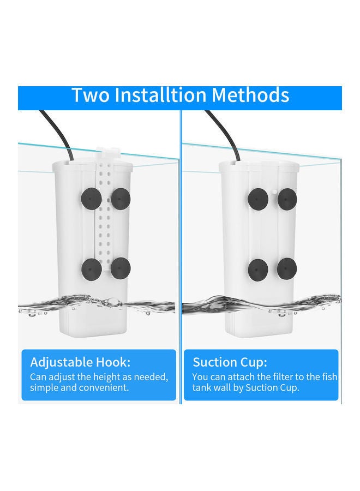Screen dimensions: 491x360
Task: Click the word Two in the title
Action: click(91, 95)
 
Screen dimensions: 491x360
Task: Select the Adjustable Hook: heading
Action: click(80, 362)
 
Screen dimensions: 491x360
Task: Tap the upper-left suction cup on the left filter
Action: click(89, 197)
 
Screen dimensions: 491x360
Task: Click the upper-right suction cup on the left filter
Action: click(122, 197)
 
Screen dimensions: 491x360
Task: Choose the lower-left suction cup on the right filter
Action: click(256, 268)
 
